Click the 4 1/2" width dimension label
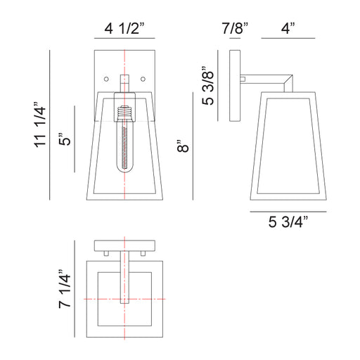tap(124, 29)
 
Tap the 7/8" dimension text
tap(235, 28)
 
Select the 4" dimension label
tap(288, 28)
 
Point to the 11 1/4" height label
tap(40, 124)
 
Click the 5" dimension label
tap(64, 139)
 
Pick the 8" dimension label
tap(183, 146)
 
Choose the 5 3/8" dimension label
tap(207, 86)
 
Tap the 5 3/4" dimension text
tap(288, 221)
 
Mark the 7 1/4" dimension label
tap(65, 289)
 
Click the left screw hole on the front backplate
tap(106, 79)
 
